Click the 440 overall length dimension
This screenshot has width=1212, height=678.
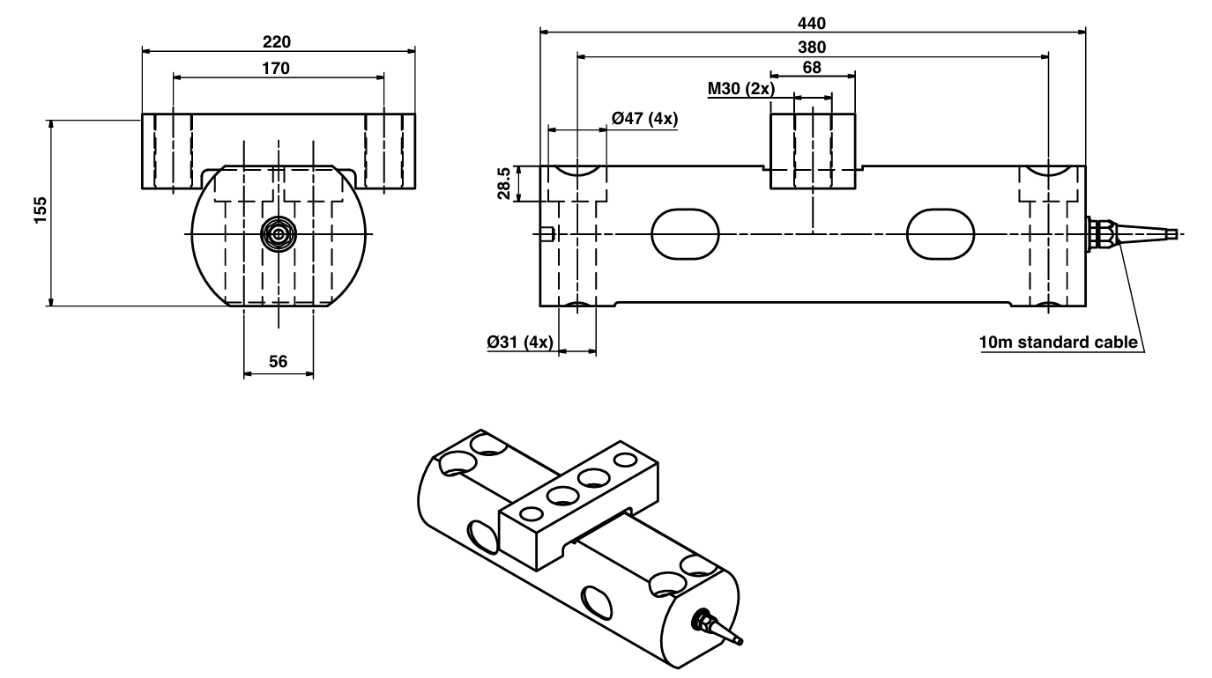[x=811, y=23]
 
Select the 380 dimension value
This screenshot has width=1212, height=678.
[x=811, y=47]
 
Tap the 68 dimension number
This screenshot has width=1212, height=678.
[x=812, y=68]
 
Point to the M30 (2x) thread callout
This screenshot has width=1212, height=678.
[x=740, y=89]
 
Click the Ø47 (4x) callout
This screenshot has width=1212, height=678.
[x=643, y=119]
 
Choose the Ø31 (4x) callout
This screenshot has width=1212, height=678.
[x=519, y=342]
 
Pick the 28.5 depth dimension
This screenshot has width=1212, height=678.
[x=503, y=184]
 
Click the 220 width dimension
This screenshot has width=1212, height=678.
[x=277, y=41]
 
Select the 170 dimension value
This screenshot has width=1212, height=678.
[x=277, y=67]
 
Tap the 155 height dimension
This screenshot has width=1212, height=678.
[x=40, y=212]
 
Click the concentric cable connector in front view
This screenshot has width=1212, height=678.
[x=279, y=233]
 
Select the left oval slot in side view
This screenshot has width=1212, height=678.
[x=685, y=233]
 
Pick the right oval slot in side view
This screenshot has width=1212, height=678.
[x=941, y=233]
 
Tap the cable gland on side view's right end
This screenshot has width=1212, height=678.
[x=1102, y=233]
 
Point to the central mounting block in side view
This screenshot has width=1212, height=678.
[x=812, y=151]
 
